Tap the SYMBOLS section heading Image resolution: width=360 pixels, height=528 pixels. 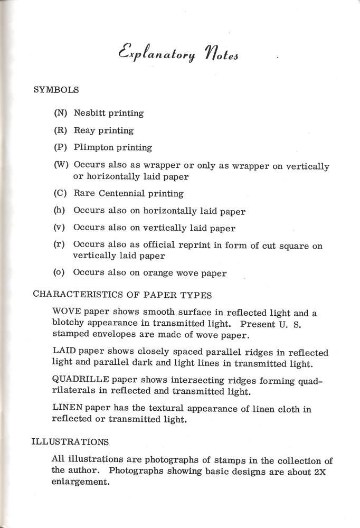coord(56,90)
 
